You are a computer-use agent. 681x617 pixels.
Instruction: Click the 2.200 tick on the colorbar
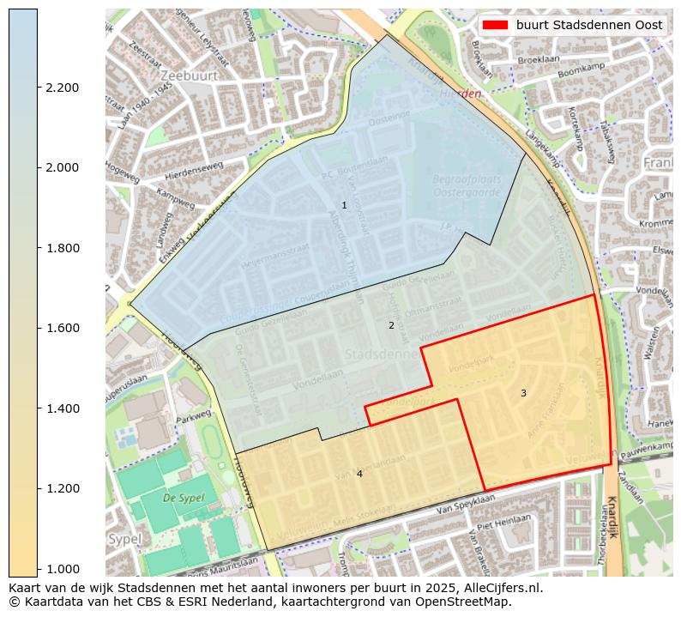38,88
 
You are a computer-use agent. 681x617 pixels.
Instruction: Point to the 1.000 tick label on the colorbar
63,568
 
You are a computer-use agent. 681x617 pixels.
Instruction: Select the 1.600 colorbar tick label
63,328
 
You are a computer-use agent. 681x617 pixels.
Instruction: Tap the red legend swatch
495,25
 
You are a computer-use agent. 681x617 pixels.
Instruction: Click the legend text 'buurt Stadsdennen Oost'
589,25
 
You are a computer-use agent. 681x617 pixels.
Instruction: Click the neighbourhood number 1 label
344,205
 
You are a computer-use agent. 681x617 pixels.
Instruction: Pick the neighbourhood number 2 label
391,325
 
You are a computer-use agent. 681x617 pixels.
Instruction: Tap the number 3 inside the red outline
523,393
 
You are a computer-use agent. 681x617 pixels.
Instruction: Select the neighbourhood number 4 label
359,474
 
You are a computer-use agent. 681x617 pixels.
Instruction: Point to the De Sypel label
182,497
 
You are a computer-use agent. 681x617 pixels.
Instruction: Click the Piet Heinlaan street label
505,523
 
